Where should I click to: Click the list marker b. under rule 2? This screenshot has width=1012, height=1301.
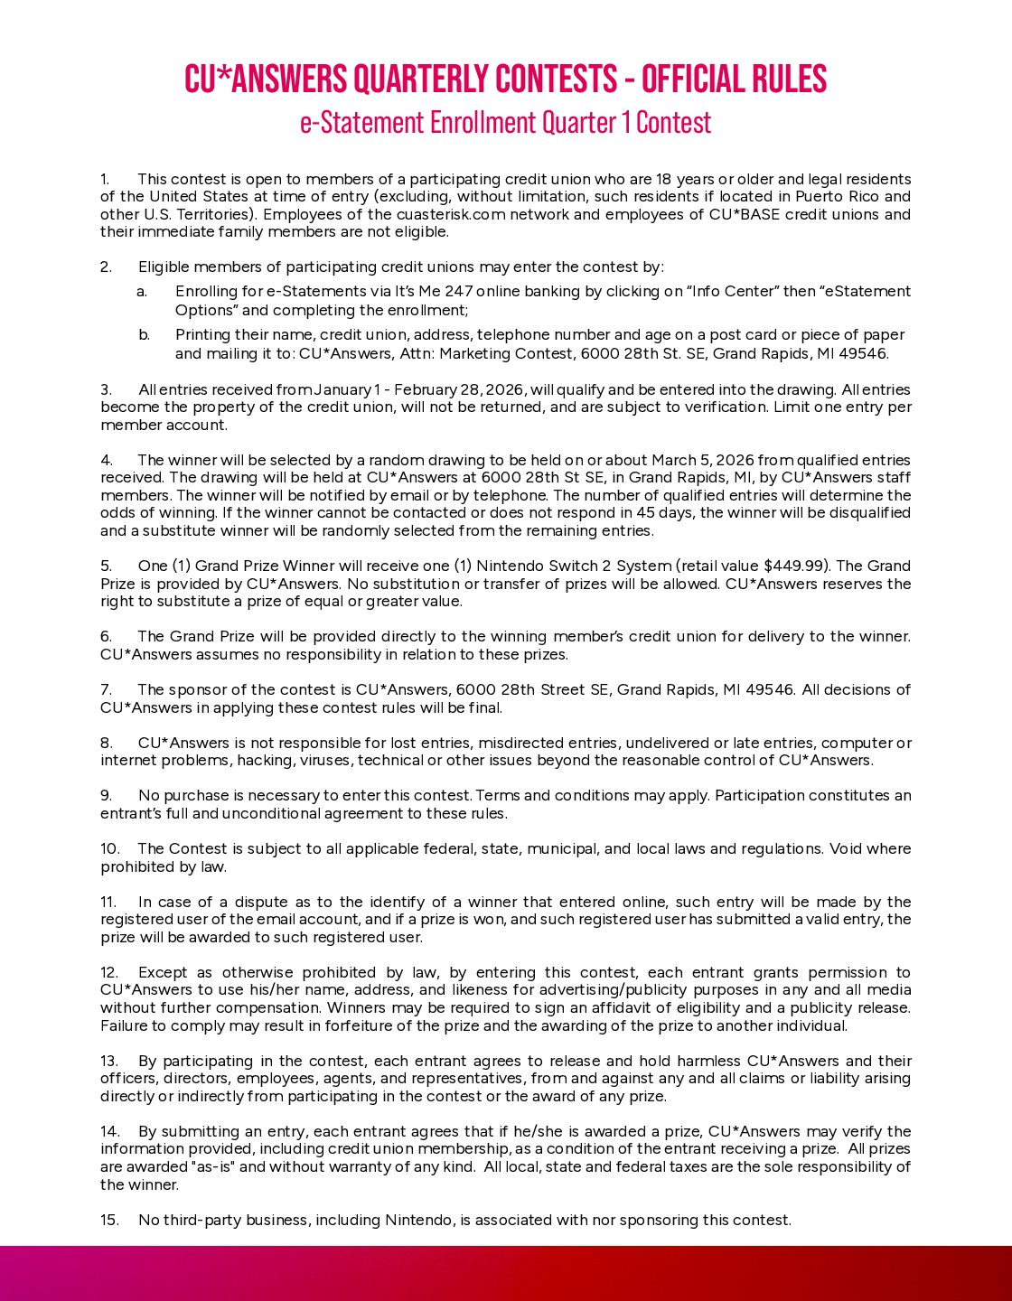click(144, 334)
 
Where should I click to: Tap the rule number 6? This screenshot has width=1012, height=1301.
click(106, 636)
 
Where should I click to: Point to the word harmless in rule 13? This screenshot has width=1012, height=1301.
click(707, 1061)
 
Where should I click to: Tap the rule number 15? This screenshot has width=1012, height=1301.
click(109, 1220)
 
